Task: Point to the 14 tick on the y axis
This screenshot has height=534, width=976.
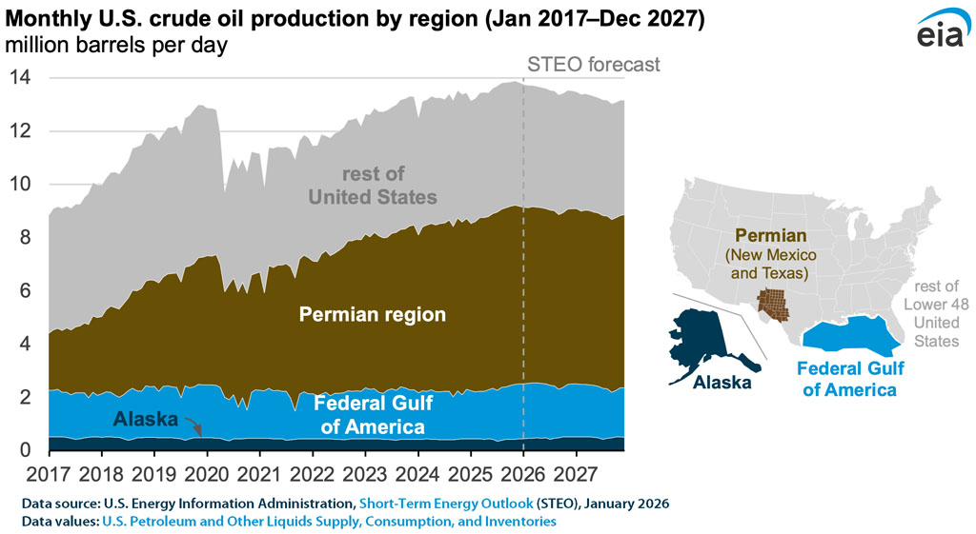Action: click(19, 78)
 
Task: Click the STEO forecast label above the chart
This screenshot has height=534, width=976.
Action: click(594, 65)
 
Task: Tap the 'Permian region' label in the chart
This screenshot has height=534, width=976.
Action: click(373, 313)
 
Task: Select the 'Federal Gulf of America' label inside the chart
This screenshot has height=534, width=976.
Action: click(373, 415)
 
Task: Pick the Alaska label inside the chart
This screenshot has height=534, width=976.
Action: click(145, 419)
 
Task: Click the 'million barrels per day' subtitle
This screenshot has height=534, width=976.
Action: click(118, 47)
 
